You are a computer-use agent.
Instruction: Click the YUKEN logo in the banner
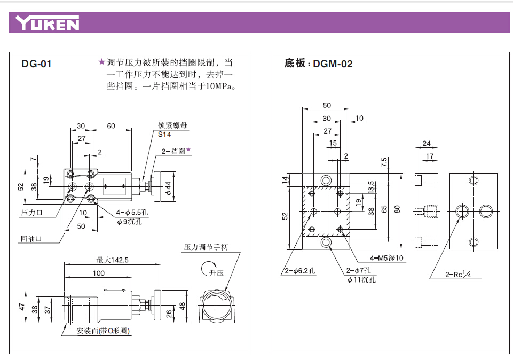click(x=48, y=24)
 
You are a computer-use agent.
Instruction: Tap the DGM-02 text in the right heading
click(x=333, y=64)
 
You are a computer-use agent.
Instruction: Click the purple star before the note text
click(x=101, y=62)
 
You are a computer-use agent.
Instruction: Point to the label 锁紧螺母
click(x=172, y=126)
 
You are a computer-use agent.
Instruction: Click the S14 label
click(x=164, y=134)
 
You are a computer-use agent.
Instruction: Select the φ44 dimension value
click(x=167, y=187)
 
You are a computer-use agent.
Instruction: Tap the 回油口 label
click(x=31, y=239)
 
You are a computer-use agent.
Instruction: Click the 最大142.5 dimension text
click(x=113, y=260)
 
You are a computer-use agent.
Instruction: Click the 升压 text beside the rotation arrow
click(x=217, y=272)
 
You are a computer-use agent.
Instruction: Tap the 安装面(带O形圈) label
click(x=103, y=331)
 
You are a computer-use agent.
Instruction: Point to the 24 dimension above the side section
click(x=426, y=143)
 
